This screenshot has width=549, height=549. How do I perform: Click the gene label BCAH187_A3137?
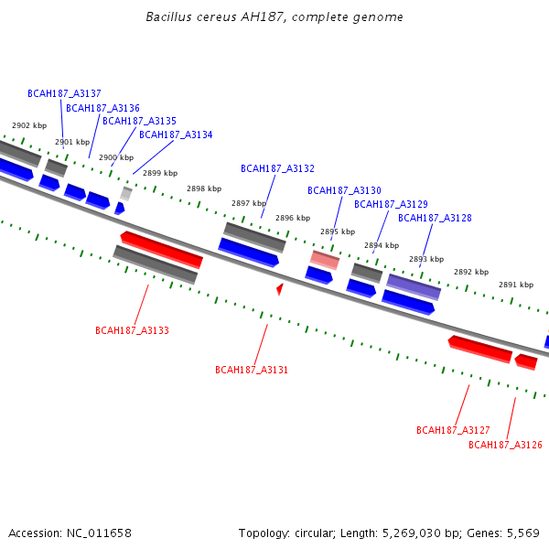coord(64,93)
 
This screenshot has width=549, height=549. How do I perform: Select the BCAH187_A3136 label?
coord(102,108)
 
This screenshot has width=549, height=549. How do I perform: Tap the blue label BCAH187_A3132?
coord(277,168)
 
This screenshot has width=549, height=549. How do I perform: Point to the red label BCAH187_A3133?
coord(132,330)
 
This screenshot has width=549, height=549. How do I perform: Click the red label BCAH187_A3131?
coord(252,370)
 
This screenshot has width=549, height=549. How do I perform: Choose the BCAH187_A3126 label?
coord(505,445)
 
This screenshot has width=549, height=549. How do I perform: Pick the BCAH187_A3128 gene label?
coord(435,218)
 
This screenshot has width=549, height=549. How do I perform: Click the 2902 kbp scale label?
coord(29,125)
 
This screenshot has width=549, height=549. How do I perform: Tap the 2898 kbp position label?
coord(204,188)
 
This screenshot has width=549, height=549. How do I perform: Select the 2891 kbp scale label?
coord(516,285)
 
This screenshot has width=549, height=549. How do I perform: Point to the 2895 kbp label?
coord(338,231)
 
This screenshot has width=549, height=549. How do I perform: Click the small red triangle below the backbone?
coord(280,289)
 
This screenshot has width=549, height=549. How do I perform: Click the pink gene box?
coord(325,260)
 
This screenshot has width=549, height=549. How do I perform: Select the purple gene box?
coord(414,287)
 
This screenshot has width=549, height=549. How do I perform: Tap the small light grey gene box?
coord(126,194)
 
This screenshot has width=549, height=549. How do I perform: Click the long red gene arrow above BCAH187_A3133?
coord(161,250)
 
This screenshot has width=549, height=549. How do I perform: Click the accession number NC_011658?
coord(99,533)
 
